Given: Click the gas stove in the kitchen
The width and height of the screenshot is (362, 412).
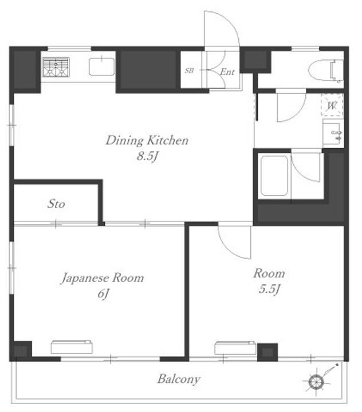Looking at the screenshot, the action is (x=56, y=68).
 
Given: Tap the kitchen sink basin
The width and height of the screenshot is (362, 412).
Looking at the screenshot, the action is (x=101, y=67).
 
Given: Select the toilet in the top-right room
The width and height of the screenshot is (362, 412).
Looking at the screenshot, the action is (x=326, y=71).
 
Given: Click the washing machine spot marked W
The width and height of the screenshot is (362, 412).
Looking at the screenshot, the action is (x=332, y=106).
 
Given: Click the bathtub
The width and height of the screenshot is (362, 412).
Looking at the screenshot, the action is (x=274, y=176).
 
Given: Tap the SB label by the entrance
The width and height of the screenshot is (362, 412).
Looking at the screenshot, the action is (x=189, y=70).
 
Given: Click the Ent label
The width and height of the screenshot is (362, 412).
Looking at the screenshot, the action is (x=227, y=72).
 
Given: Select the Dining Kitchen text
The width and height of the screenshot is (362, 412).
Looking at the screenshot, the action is (x=147, y=140).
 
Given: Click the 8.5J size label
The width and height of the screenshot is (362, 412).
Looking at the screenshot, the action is (x=147, y=156).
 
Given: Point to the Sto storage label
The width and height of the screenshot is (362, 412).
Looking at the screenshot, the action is (x=56, y=204).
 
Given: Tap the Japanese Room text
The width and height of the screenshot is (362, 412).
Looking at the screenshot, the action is (x=103, y=278).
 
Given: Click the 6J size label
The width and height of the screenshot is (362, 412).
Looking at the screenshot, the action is (x=103, y=294).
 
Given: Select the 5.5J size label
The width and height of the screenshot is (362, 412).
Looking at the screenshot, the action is (x=269, y=290).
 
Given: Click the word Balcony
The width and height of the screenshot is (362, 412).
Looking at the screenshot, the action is (x=179, y=379).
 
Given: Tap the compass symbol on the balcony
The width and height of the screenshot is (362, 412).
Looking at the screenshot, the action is (x=316, y=382).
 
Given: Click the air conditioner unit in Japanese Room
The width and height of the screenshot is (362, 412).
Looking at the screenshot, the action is (x=72, y=347).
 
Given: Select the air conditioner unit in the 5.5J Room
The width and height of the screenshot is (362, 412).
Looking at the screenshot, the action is (x=235, y=348).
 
